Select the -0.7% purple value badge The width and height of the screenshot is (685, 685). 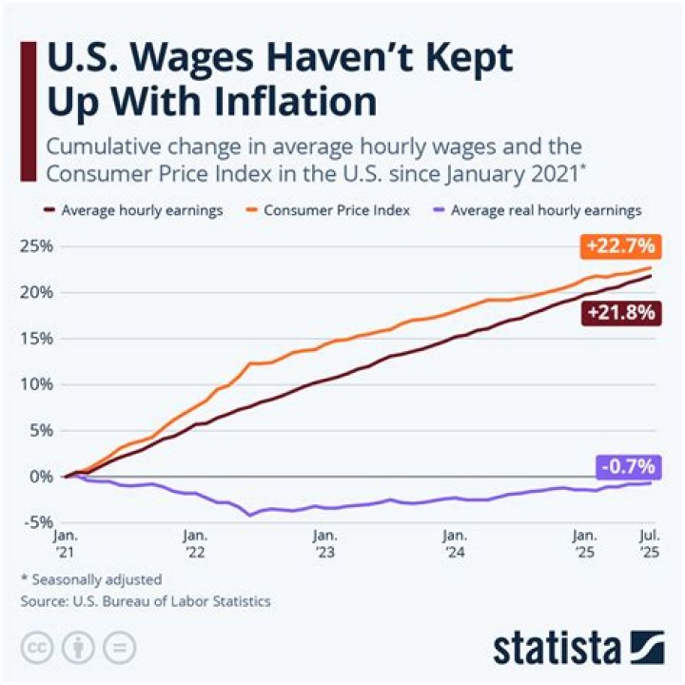(x=627, y=466)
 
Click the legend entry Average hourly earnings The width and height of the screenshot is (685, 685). (x=133, y=209)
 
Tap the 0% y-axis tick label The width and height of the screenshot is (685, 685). (x=40, y=477)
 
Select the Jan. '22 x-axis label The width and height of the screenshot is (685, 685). (x=196, y=545)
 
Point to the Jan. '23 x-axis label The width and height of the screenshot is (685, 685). (x=325, y=545)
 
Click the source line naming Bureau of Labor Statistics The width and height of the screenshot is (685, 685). (x=145, y=601)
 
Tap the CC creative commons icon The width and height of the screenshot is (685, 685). (x=39, y=648)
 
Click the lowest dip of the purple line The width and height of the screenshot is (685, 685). (x=250, y=515)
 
